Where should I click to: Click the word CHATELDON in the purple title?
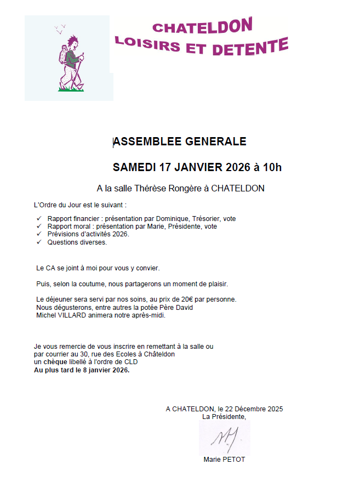pyautogui.click(x=202, y=25)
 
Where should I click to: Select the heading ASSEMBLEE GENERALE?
pyautogui.click(x=180, y=141)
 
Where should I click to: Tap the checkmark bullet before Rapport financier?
pyautogui.click(x=38, y=218)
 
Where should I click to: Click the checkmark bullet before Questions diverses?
pyautogui.click(x=38, y=242)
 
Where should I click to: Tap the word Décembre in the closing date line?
pyautogui.click(x=246, y=409)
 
